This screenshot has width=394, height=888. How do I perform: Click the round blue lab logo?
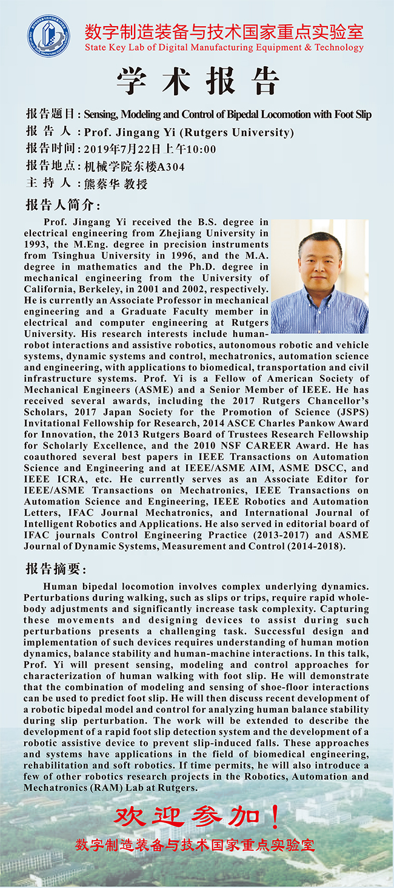(x=48, y=36)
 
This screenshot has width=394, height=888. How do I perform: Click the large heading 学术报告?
(x=198, y=81)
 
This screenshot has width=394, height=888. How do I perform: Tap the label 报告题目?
(x=50, y=114)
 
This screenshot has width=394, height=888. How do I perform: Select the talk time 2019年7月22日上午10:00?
(x=150, y=149)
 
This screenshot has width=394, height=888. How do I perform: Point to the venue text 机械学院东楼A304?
(x=134, y=166)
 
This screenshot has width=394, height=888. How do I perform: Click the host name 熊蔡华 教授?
(x=115, y=183)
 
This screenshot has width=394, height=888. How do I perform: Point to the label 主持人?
(x=48, y=183)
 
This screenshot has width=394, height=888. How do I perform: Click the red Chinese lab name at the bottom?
(x=195, y=844)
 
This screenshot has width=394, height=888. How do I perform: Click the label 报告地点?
(x=50, y=166)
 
